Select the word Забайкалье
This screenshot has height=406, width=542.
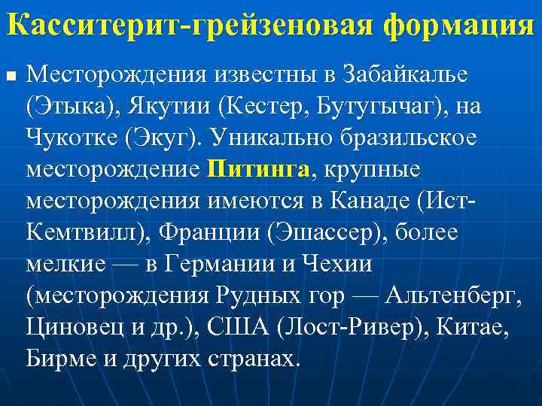click(404, 76)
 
